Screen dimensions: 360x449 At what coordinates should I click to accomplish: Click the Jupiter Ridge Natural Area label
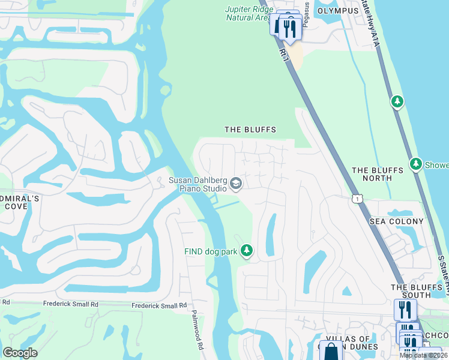[x=247, y=14]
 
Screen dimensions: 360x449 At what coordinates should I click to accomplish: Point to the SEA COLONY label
[x=396, y=221]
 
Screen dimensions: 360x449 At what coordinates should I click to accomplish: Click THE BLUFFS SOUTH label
[x=420, y=291]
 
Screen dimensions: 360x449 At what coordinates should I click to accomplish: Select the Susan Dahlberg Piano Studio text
[x=197, y=184]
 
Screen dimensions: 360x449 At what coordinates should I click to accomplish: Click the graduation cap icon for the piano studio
[x=236, y=183]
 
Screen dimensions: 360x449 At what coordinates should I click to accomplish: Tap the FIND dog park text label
[x=211, y=252]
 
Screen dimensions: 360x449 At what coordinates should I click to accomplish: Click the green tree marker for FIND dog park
[x=246, y=250]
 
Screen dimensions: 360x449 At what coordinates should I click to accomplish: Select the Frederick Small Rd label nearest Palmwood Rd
[x=159, y=306]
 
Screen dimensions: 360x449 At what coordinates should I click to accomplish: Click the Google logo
[x=20, y=353]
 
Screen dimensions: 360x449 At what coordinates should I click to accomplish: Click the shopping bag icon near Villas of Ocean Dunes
[x=331, y=350]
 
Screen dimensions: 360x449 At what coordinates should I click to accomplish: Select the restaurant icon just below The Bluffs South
[x=405, y=310]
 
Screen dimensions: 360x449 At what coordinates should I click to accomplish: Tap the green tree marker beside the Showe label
[x=415, y=163]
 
